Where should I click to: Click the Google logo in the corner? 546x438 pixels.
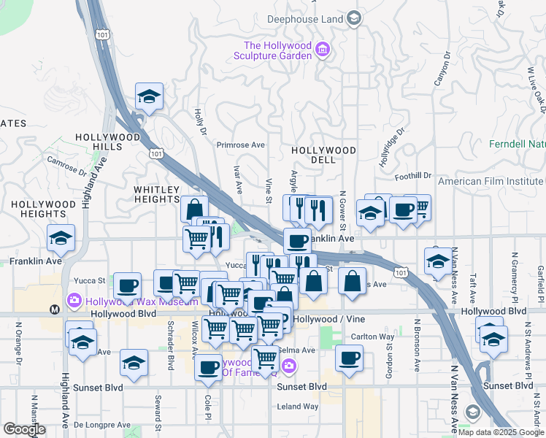(25, 429)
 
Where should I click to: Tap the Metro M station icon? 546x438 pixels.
(55, 310)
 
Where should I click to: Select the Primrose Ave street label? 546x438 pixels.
(240, 145)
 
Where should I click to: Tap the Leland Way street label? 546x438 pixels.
(298, 406)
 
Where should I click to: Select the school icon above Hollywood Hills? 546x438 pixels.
(149, 96)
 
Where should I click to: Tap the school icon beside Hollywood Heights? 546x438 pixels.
(61, 237)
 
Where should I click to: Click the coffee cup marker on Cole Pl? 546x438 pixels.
(209, 367)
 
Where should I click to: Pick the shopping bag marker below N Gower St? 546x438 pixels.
(352, 281)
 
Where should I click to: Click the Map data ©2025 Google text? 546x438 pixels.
(500, 432)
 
